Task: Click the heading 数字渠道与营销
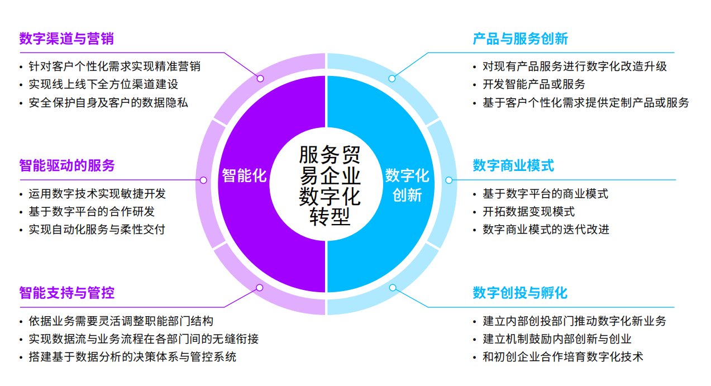coord(66,39)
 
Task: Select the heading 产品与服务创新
coord(520,39)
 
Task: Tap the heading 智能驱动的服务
coord(67,166)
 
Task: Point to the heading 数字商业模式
coord(513,166)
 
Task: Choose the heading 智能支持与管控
coord(67,293)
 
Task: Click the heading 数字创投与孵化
coord(520,293)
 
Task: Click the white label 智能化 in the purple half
coord(244,175)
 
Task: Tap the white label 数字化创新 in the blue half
coord(407,185)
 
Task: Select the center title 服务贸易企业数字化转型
coord(330,185)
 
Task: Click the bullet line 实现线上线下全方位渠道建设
coord(103,84)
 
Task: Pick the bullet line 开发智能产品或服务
coord(534,84)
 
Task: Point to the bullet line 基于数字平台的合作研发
coord(92,212)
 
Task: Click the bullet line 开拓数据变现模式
coord(528,212)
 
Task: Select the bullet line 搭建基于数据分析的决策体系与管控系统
coord(132,357)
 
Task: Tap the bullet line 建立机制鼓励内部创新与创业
coord(557,339)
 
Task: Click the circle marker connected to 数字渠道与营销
coord(260,78)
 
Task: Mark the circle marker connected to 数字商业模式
coord(449,180)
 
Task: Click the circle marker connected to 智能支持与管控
coord(260,288)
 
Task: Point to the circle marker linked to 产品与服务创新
coord(392,78)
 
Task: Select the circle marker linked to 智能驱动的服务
coord(203,180)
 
